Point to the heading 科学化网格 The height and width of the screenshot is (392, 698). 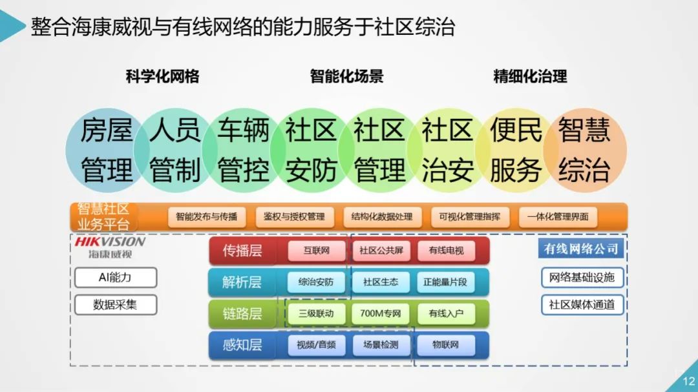point(162,76)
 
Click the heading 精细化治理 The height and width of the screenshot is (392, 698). point(530,76)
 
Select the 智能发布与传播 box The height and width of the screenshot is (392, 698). point(206,217)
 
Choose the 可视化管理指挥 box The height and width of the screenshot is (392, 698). point(469,217)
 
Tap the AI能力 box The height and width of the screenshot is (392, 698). point(115,277)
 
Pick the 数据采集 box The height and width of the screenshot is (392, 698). point(115,304)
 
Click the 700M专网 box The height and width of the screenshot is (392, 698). point(380,314)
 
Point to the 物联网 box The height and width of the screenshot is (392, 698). point(445,345)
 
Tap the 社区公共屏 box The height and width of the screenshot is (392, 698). point(380,251)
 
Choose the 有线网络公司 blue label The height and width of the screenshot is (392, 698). point(581,249)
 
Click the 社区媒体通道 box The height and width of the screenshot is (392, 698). point(582,305)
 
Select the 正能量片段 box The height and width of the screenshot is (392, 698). point(445,282)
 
